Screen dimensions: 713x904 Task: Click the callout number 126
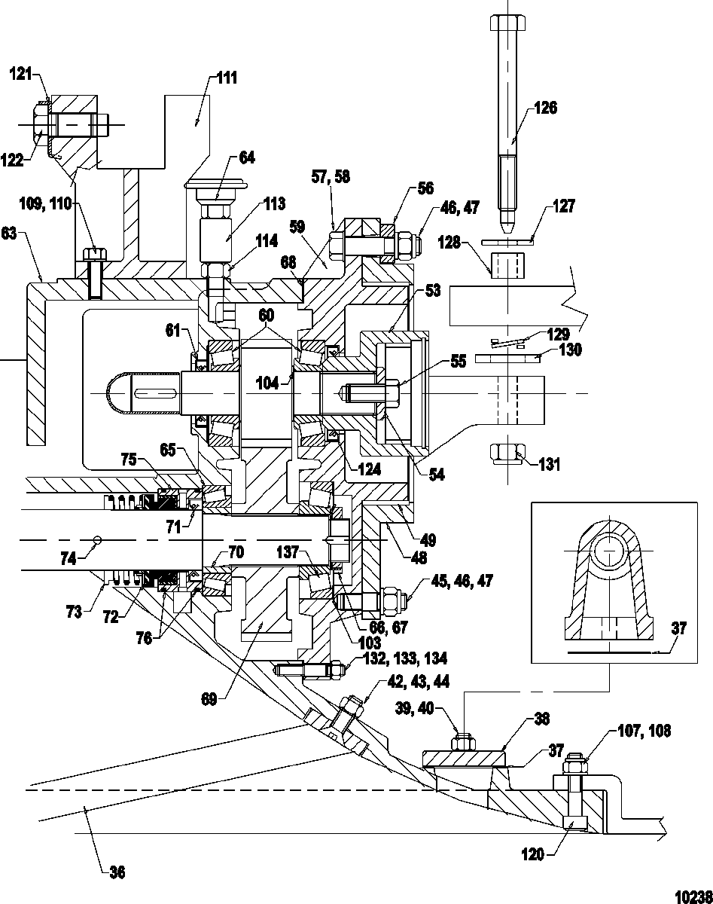[x=545, y=108]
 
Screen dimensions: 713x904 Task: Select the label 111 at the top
[x=227, y=78]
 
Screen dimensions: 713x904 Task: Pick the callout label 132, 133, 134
[x=405, y=658]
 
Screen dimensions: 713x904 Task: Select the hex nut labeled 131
[x=507, y=454]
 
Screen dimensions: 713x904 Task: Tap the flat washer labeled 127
[x=507, y=243]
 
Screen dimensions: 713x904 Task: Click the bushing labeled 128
[x=507, y=264]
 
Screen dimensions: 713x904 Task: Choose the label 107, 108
[x=644, y=731]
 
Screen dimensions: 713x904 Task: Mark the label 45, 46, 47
[x=462, y=581]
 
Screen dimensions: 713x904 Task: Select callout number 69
[x=209, y=699]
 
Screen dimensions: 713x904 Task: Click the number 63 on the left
[x=9, y=233]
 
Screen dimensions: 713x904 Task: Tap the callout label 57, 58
[x=331, y=177]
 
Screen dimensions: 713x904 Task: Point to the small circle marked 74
[x=97, y=539]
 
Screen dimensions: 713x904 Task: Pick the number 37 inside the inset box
[x=679, y=628]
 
